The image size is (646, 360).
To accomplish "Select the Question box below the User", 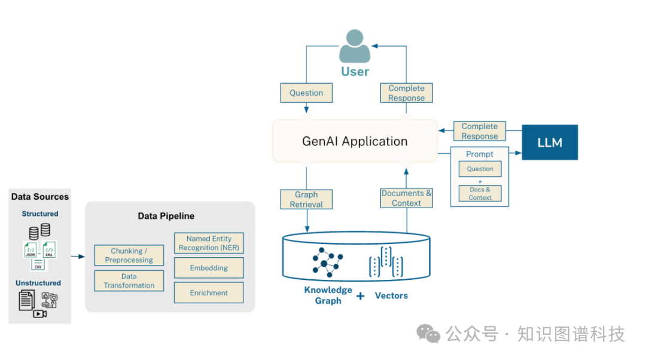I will tap(306, 93).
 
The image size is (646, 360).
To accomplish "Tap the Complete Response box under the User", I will tap(406, 93).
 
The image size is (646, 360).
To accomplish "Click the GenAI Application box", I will tap(355, 142).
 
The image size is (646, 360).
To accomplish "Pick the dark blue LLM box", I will tap(550, 142).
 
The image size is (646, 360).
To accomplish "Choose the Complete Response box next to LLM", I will tap(479, 131).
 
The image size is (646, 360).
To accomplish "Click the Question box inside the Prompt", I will tap(480, 169).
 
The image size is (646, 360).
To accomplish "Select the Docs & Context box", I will tap(480, 193).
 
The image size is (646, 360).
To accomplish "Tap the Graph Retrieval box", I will tap(306, 199).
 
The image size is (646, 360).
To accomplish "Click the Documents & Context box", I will tap(406, 198).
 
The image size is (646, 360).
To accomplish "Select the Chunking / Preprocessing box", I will tap(129, 255).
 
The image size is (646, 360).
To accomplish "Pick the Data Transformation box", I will tap(129, 280).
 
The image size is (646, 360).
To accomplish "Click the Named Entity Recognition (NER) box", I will tap(209, 243).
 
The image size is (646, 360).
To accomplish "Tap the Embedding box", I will tap(209, 268).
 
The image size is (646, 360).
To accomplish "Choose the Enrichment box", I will tap(209, 293).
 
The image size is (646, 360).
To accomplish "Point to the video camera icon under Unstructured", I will tap(40, 313).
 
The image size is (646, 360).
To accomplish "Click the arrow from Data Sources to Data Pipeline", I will tap(78, 257).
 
